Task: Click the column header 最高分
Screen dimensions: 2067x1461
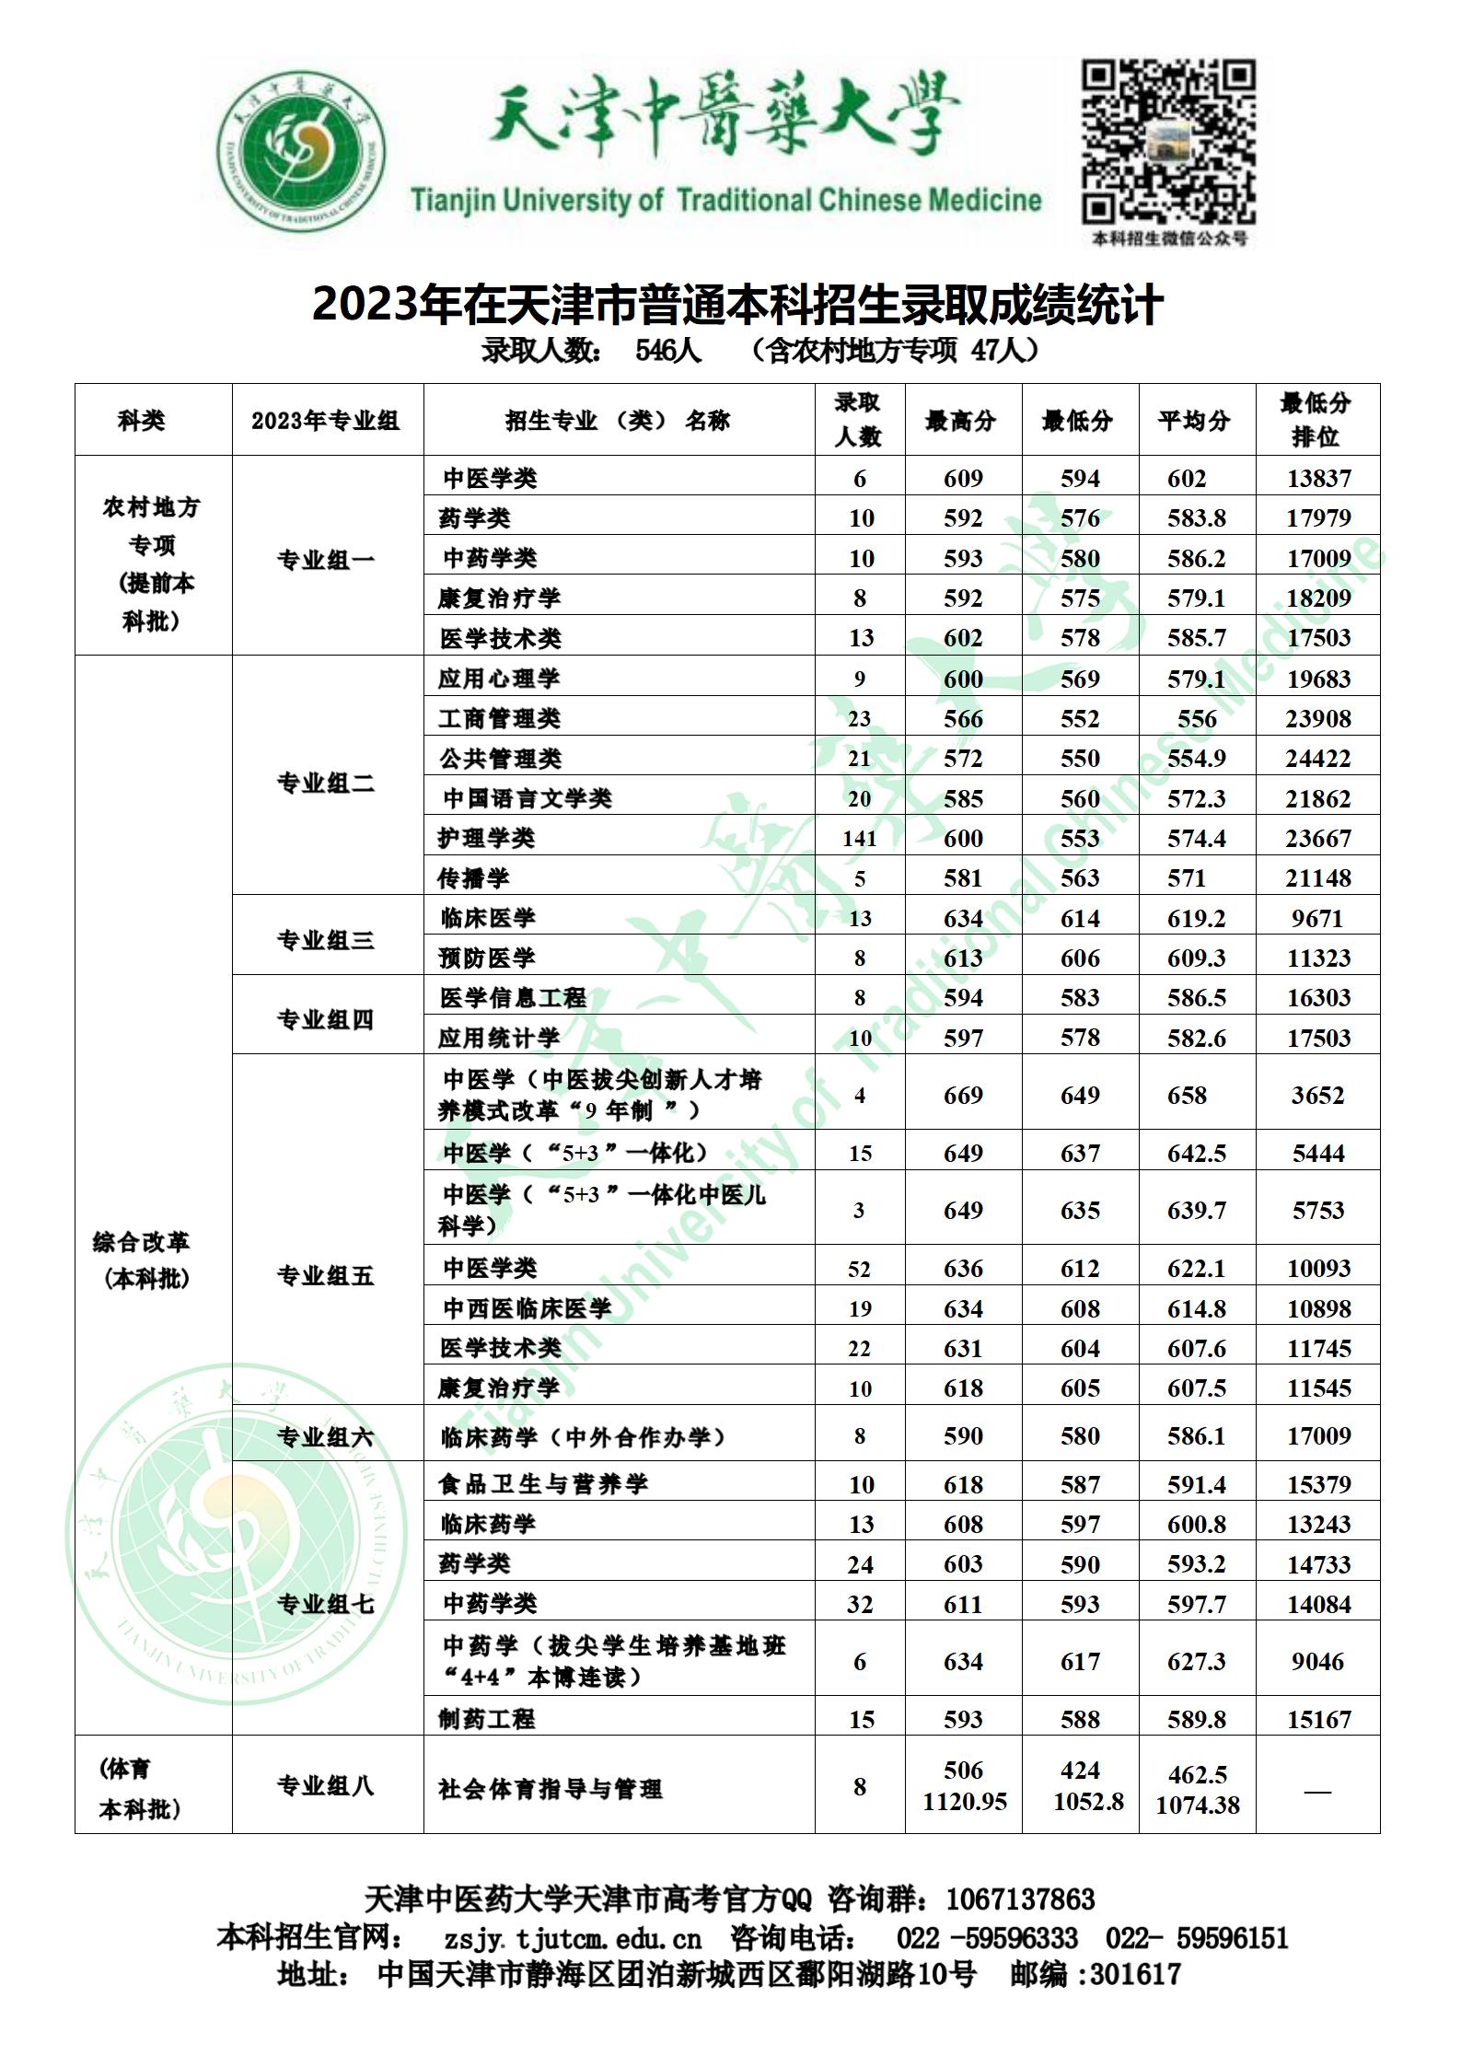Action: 962,421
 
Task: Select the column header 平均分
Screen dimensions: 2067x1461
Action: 1196,421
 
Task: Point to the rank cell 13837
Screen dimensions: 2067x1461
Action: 1317,479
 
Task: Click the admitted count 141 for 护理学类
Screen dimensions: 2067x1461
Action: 859,839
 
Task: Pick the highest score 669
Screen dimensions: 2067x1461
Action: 963,1096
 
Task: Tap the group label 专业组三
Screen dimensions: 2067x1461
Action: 326,940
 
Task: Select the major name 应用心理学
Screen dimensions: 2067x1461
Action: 499,679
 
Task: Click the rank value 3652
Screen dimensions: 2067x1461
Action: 1317,1096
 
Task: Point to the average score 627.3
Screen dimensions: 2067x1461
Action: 1196,1662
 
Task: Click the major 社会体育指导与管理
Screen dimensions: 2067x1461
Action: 551,1789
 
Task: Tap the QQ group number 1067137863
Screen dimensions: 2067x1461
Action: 1020,1899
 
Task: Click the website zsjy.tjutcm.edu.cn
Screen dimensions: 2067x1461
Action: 573,1938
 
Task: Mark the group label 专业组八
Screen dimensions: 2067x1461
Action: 326,1787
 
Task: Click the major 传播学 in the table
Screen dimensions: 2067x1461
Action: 474,878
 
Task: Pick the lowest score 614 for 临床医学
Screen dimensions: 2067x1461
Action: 1080,919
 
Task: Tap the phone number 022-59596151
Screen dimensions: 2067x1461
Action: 1197,1938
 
